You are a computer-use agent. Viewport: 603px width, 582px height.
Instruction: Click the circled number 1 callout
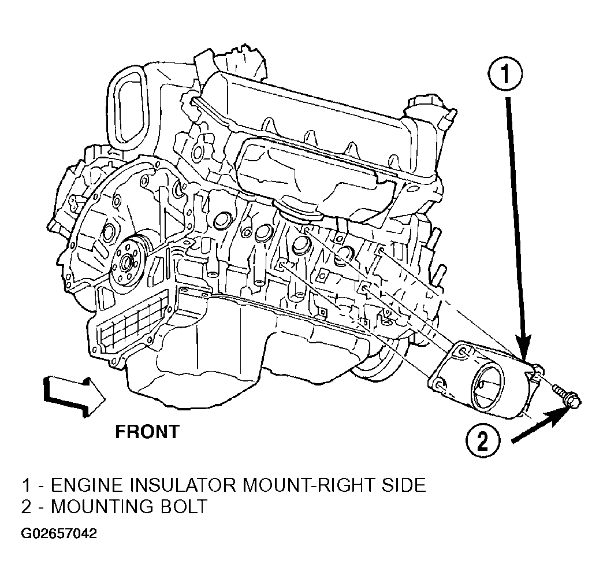click(505, 76)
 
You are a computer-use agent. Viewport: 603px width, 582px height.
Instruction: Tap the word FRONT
click(147, 432)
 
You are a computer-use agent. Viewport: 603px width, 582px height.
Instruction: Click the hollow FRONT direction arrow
click(75, 397)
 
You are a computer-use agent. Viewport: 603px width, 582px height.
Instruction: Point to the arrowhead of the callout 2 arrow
click(560, 417)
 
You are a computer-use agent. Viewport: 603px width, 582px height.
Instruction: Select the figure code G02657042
click(59, 533)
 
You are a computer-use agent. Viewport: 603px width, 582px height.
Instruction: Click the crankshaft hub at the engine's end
click(125, 262)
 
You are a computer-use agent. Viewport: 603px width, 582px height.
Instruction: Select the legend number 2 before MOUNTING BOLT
click(27, 506)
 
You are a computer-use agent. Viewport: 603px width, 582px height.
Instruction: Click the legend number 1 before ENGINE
click(26, 485)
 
